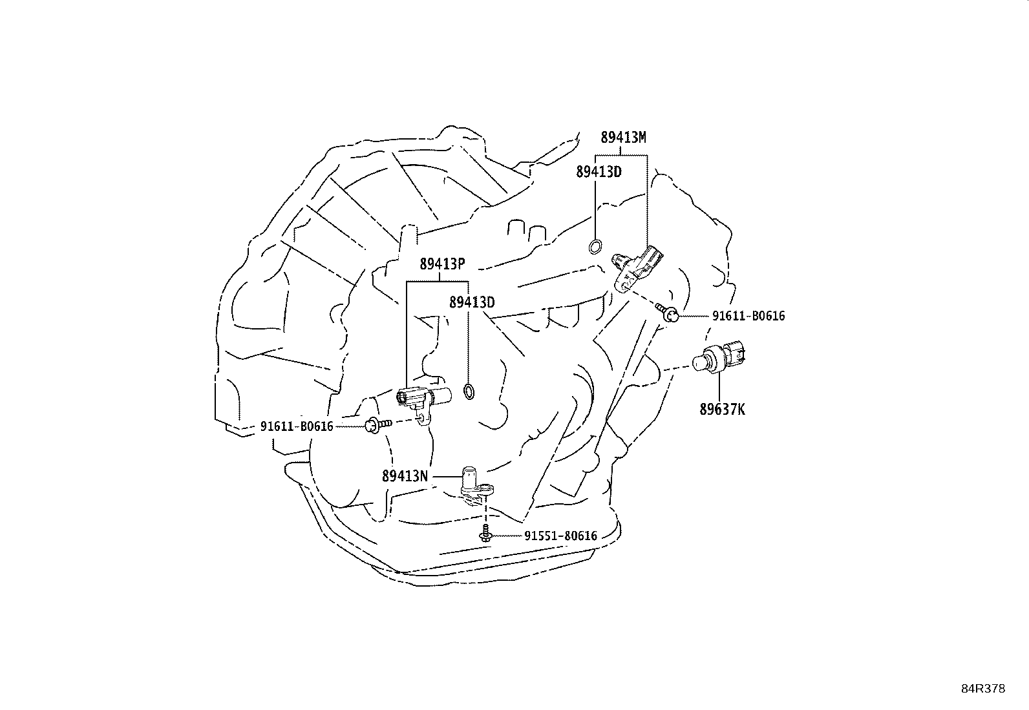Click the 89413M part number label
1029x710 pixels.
[x=623, y=137]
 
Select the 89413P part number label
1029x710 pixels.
[x=442, y=264]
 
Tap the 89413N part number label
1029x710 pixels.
[x=405, y=476]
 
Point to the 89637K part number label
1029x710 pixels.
[x=722, y=409]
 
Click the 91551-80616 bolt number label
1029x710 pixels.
[x=561, y=536]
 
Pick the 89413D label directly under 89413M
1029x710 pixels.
[x=599, y=172]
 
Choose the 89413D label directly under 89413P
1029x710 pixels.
[x=472, y=302]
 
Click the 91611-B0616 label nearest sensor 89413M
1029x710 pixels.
[x=748, y=316]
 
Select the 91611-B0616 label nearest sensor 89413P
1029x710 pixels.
[x=297, y=426]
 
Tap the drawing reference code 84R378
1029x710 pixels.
[x=984, y=689]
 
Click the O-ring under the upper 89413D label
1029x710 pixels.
[x=595, y=247]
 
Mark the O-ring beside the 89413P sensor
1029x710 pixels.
[x=469, y=392]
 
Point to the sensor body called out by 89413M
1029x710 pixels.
[x=637, y=269]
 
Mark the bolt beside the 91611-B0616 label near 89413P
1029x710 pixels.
[x=377, y=425]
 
